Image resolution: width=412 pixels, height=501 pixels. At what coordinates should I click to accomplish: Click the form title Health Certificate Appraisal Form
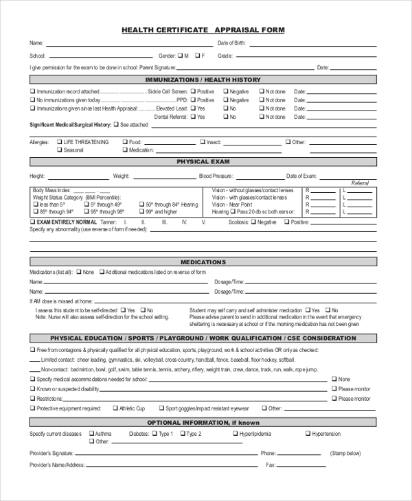[x=203, y=30]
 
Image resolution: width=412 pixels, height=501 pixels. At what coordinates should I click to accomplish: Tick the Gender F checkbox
[x=197, y=55]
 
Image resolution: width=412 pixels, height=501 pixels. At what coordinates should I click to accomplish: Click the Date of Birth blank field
[x=312, y=43]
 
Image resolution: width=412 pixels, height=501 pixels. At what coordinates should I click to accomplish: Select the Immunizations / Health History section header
[x=203, y=80]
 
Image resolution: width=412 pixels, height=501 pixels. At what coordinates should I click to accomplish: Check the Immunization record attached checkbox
[x=32, y=91]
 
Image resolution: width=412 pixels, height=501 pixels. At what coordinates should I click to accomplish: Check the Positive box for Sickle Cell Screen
[x=193, y=91]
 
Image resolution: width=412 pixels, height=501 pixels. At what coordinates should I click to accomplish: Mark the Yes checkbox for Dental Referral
[x=193, y=117]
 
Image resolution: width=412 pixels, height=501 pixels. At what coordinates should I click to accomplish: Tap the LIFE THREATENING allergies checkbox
[x=60, y=142]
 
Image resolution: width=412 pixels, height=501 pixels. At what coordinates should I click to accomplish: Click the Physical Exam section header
[x=203, y=162]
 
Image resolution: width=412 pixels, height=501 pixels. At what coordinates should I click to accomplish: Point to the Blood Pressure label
[x=215, y=176]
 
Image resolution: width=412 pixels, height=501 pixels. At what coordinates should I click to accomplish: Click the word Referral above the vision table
[x=360, y=183]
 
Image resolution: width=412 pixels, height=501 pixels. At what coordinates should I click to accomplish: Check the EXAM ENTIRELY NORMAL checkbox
[x=32, y=222]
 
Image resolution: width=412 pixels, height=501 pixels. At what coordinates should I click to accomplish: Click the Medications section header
[x=203, y=261]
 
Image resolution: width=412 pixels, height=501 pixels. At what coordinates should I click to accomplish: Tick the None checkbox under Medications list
[x=78, y=272]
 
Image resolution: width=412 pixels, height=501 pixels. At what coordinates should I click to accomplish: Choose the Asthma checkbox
[x=91, y=434]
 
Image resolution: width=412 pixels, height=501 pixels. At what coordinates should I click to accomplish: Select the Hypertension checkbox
[x=308, y=434]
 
